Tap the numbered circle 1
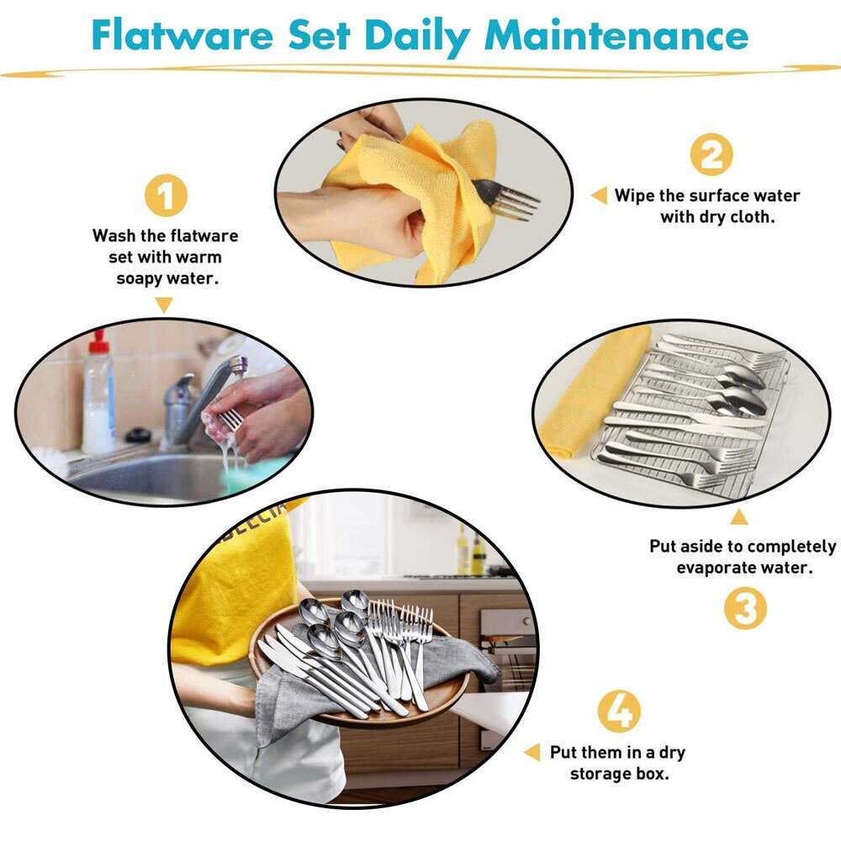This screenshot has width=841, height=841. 166,196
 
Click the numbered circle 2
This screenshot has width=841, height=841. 711,155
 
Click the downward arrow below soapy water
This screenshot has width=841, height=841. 165,305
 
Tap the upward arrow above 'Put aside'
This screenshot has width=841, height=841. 738,516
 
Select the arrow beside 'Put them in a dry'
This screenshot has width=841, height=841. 532,752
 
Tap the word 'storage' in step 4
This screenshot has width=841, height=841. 598,773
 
